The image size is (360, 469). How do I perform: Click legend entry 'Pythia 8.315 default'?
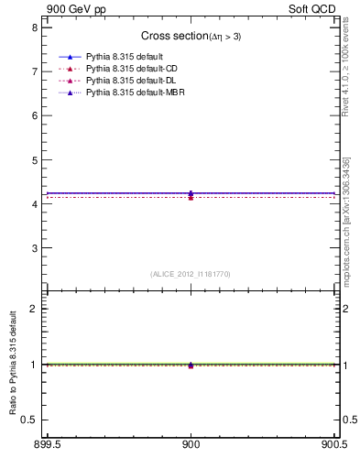click(x=124, y=58)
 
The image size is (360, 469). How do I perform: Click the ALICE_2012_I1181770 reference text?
click(x=191, y=274)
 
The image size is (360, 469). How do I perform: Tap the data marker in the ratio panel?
click(x=191, y=365)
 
